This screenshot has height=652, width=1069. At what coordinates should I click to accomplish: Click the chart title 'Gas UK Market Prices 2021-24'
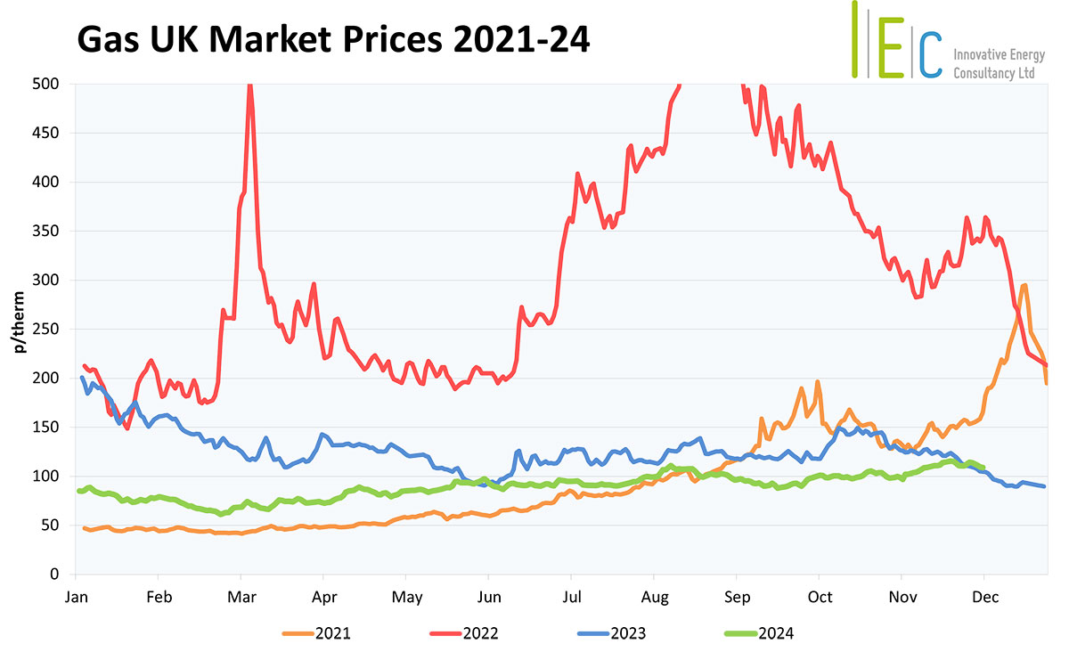[x=333, y=41]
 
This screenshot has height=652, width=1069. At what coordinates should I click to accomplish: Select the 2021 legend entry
[x=316, y=633]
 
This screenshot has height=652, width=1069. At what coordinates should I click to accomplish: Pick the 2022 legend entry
[x=463, y=633]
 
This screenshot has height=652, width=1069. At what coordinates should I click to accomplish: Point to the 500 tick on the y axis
[x=46, y=85]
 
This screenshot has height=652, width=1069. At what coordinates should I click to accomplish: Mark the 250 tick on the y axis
[x=46, y=330]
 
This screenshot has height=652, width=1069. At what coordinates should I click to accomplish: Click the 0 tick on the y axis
[x=54, y=575]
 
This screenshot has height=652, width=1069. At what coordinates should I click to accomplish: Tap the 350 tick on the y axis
[x=46, y=232]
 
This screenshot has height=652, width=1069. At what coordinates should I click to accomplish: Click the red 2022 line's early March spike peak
[x=249, y=86]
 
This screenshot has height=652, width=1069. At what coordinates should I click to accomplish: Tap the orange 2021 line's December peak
[x=1024, y=285]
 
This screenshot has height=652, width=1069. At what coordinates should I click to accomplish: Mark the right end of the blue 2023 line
[x=1044, y=486]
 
